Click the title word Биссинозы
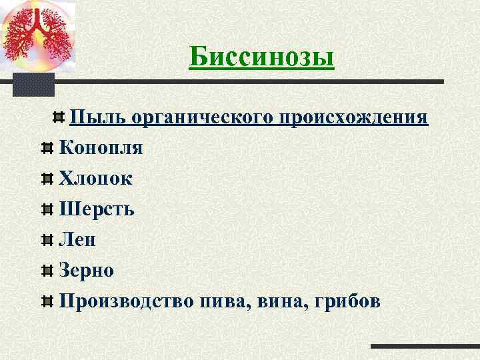click(261, 57)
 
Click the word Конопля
click(101, 147)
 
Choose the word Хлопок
click(95, 178)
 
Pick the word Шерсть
click(97, 209)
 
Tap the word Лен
click(77, 239)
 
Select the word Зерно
click(87, 270)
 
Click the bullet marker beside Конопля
click(47, 148)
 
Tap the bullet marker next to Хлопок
click(47, 179)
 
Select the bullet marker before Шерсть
click(47, 209)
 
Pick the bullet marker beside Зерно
click(47, 271)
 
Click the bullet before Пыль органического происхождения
click(58, 118)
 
